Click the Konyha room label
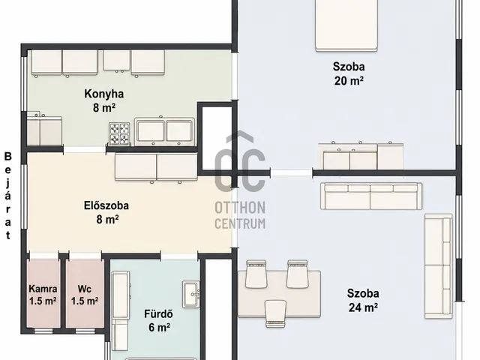(x=104, y=94)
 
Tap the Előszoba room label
(x=106, y=205)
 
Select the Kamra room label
(x=43, y=289)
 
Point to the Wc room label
(x=85, y=289)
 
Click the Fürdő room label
(x=158, y=313)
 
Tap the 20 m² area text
(x=349, y=81)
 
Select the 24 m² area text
(x=363, y=307)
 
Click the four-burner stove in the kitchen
(x=119, y=133)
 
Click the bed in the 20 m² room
(x=346, y=25)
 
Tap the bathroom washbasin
(x=191, y=294)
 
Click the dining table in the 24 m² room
(x=279, y=294)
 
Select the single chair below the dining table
(x=275, y=313)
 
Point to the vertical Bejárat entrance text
(x=8, y=196)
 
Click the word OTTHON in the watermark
(x=240, y=208)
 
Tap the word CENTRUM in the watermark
(x=240, y=223)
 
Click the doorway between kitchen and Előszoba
(x=85, y=150)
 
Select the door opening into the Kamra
(x=43, y=256)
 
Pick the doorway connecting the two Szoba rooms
(x=292, y=172)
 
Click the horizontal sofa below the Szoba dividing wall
(x=371, y=196)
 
